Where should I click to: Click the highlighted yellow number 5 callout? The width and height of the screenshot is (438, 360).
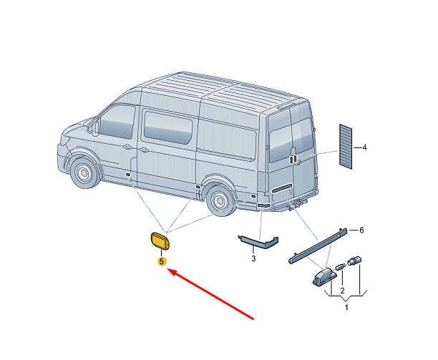(x=162, y=262)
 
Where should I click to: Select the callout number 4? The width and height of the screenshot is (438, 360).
(x=364, y=147)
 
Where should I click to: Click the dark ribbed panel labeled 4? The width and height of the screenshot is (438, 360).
(x=346, y=147)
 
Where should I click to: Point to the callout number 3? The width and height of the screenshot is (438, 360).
(x=253, y=258)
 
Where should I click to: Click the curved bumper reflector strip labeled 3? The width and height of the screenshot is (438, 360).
(x=258, y=242)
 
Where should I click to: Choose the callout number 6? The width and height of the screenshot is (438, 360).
(x=361, y=230)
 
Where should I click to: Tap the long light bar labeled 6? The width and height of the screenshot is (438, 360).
(x=318, y=245)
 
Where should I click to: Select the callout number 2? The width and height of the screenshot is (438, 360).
(x=343, y=291)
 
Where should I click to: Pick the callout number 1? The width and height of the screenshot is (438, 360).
(x=346, y=308)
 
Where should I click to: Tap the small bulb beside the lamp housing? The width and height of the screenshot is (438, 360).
(x=340, y=267)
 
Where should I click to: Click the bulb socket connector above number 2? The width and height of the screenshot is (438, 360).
(x=354, y=261)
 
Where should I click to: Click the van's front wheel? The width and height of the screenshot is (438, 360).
(x=84, y=172)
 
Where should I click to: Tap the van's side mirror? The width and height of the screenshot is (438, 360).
(x=96, y=127)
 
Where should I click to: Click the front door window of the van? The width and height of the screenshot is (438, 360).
(x=117, y=122)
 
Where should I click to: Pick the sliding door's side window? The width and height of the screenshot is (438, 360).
(x=168, y=127)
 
